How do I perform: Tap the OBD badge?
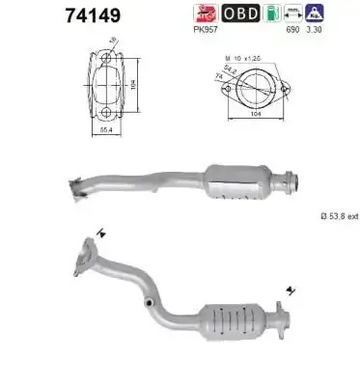(x=238, y=13)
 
